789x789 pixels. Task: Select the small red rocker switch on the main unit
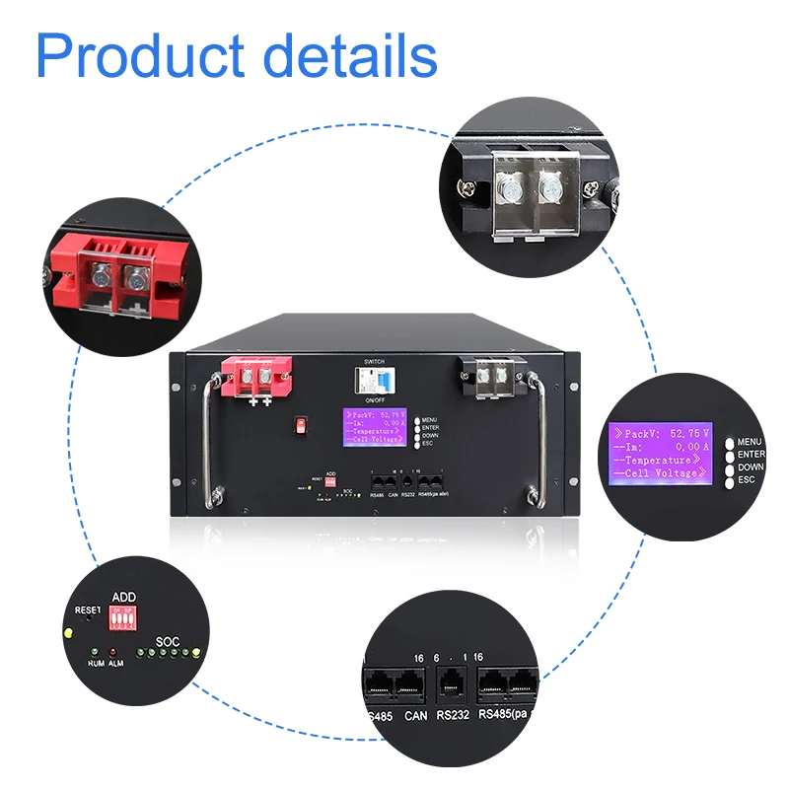tap(298, 425)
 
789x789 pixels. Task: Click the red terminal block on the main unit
tap(258, 377)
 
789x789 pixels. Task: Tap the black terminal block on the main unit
tap(491, 374)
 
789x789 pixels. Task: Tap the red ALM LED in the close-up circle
tap(112, 652)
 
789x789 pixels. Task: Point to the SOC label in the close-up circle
tap(169, 640)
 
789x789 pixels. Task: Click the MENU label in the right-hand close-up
tap(751, 442)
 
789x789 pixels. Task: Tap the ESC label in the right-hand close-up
tap(746, 478)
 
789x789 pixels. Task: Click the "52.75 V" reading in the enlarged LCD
tap(685, 433)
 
